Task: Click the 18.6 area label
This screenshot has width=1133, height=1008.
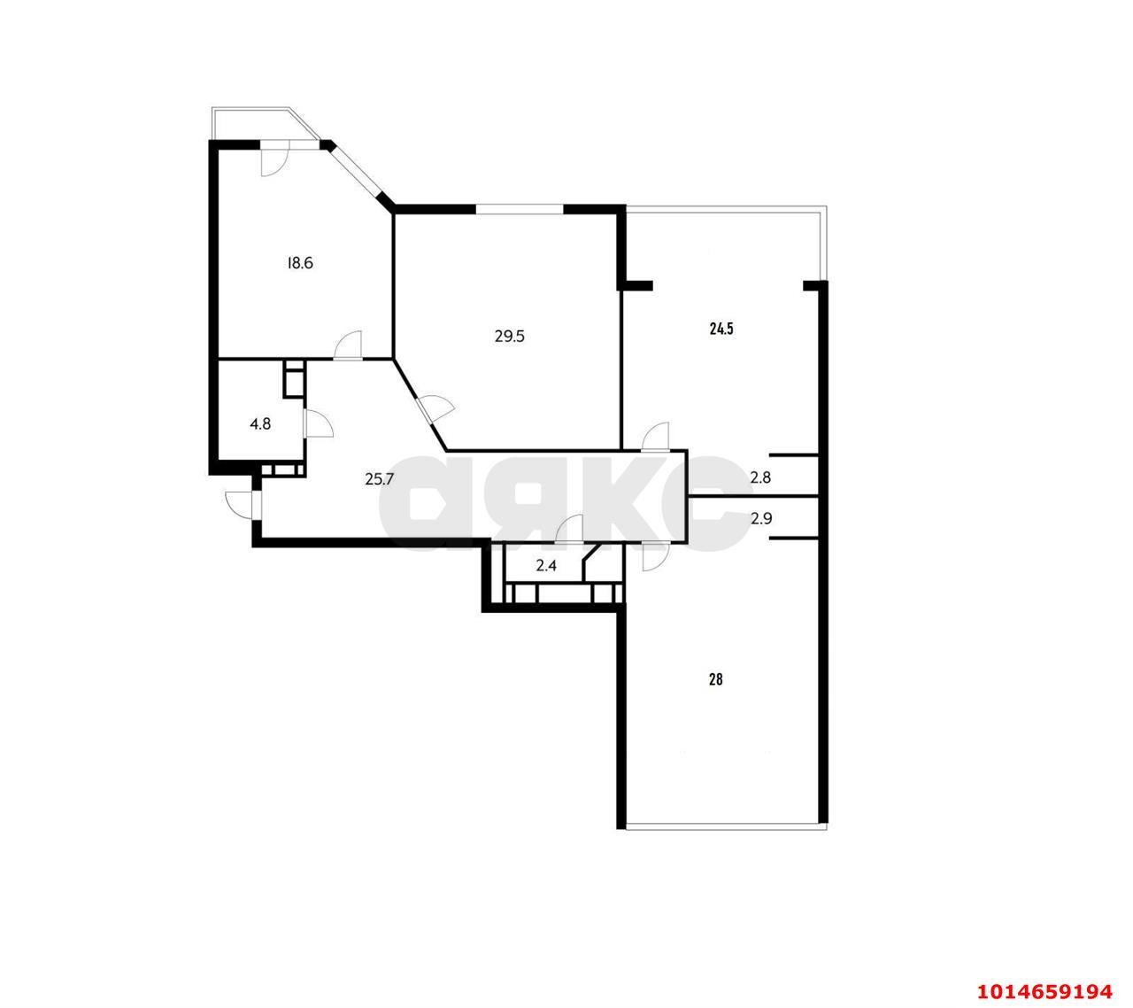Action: (x=300, y=263)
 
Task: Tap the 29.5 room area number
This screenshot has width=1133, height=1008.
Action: (x=510, y=337)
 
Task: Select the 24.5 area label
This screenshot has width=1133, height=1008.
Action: (x=721, y=330)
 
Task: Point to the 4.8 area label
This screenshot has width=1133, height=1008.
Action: (x=260, y=424)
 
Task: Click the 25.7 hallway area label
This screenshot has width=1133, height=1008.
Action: (x=380, y=479)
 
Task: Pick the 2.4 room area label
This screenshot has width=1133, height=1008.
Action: (x=546, y=566)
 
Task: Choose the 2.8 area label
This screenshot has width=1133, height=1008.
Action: (x=760, y=477)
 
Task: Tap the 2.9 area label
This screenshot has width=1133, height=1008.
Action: (x=761, y=519)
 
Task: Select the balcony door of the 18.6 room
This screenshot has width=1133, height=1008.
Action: (x=274, y=159)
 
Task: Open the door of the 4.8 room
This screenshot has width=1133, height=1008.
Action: (x=318, y=423)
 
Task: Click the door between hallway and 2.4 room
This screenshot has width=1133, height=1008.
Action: (x=569, y=529)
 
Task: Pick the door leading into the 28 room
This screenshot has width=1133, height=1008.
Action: (x=655, y=556)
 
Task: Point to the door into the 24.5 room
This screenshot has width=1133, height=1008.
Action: (x=655, y=436)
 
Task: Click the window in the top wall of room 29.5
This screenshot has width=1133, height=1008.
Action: (x=519, y=209)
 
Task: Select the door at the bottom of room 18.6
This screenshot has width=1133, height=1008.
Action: (x=347, y=345)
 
